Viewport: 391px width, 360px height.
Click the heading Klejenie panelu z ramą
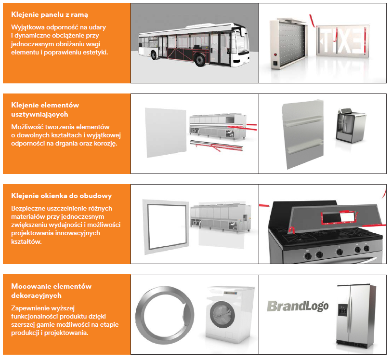pos(50,15)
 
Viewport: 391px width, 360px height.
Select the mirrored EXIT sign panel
pos(342,40)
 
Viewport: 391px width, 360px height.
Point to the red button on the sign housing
pos(275,54)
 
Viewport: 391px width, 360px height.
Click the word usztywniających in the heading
pos(39,114)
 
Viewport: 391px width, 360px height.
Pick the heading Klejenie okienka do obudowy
pos(61,196)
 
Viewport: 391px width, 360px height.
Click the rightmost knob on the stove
pos(366,248)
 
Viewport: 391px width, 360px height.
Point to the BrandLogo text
pos(298,306)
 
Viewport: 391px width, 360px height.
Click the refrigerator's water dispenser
pos(343,309)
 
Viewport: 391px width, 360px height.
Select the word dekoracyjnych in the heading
pos(36,295)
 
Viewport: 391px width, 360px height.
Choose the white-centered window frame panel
pos(165,227)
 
